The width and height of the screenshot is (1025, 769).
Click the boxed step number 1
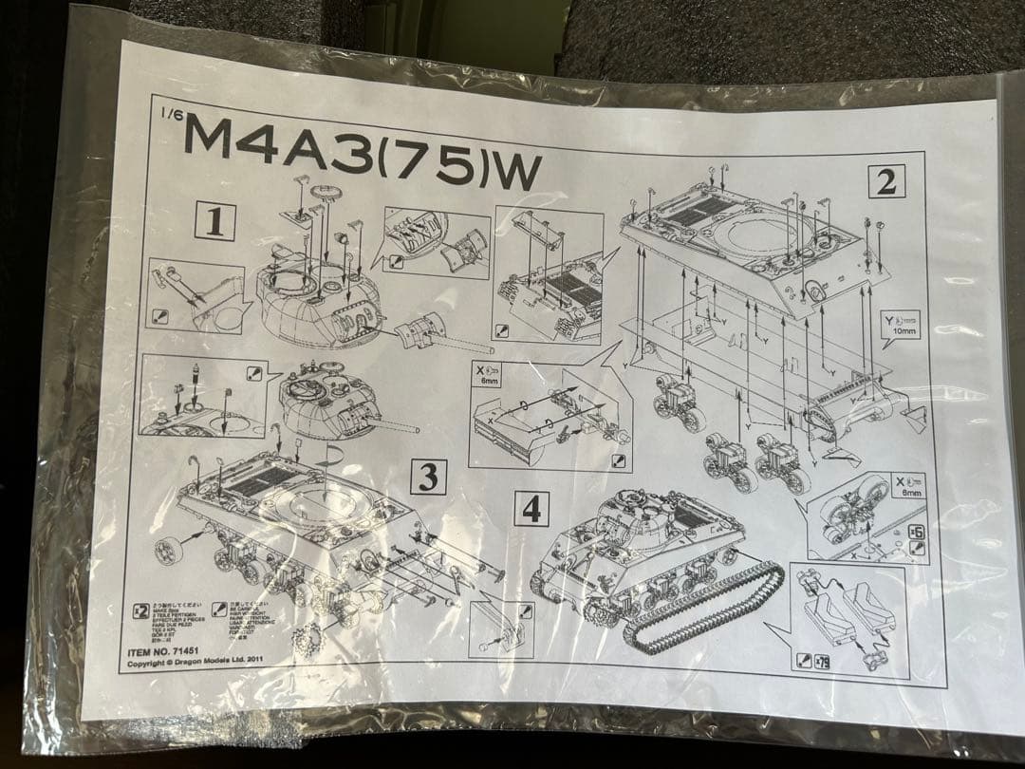[214, 222]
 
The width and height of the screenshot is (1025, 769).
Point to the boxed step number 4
[531, 509]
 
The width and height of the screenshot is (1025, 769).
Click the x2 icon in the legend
[140, 610]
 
